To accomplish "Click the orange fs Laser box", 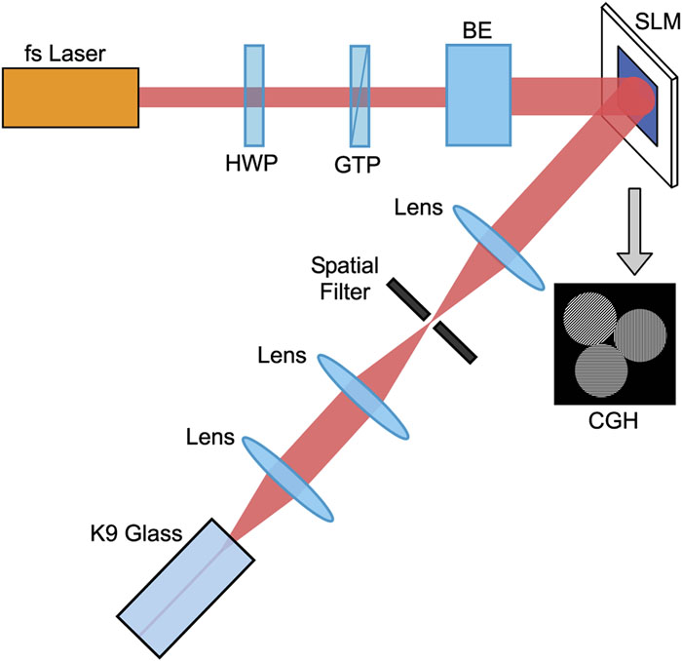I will pyautogui.click(x=70, y=97).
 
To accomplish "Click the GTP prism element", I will pyautogui.click(x=360, y=97).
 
